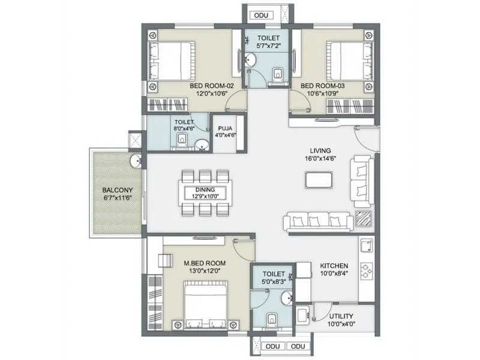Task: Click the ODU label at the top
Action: [x=261, y=15]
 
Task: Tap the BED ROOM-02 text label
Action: [x=211, y=86]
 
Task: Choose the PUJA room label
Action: [x=226, y=127]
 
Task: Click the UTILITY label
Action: [x=341, y=316]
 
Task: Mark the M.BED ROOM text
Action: [x=205, y=263]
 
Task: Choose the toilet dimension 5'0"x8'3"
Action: [x=274, y=279]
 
